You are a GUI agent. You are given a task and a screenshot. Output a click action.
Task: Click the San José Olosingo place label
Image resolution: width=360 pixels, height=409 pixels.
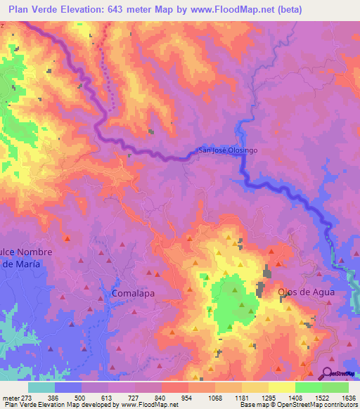tap(231, 150)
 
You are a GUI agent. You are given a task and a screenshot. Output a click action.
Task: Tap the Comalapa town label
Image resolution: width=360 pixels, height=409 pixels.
tap(133, 292)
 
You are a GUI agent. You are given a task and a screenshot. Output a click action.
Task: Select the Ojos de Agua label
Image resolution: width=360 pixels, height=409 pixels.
tap(305, 292)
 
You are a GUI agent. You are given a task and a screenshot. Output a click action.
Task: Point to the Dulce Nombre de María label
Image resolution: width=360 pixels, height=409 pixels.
tap(21, 257)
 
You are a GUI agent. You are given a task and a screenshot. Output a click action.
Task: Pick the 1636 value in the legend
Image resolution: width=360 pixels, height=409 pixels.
tap(348, 397)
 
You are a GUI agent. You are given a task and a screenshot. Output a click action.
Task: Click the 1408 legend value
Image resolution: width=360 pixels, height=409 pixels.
tap(295, 397)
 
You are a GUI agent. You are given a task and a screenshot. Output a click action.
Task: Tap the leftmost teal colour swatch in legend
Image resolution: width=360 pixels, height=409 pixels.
tap(41, 387)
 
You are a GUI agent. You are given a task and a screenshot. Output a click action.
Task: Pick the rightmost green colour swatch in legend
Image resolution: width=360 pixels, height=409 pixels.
tap(335, 387)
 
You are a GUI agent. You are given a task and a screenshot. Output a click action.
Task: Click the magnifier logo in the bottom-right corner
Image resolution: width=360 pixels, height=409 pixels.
tap(328, 375)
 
